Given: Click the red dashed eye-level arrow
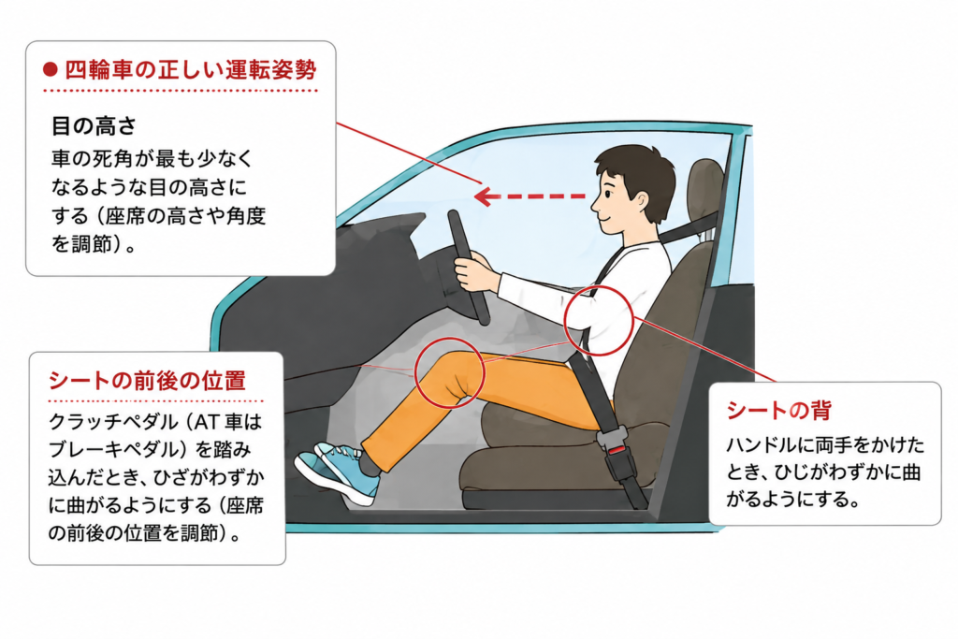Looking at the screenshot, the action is [x=530, y=196].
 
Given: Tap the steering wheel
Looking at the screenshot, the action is [x=469, y=267].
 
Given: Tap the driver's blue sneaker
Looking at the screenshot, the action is [x=337, y=472].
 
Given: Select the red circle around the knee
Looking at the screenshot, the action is [x=449, y=372].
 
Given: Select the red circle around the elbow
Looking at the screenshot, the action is [x=598, y=320].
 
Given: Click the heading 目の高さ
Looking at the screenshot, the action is [x=94, y=126].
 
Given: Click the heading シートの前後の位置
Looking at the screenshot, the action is [x=147, y=381].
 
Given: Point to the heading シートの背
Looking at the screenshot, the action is [x=779, y=410].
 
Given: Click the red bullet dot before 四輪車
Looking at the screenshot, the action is [x=51, y=70].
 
